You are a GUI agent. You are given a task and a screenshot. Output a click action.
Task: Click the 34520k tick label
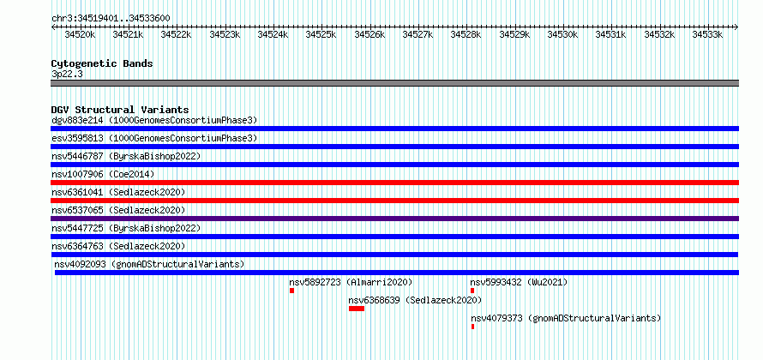81,35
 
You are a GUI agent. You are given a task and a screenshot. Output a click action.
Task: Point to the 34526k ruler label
369,35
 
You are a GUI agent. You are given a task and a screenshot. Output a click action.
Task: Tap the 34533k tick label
707,35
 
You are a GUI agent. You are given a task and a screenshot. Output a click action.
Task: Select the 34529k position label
515,35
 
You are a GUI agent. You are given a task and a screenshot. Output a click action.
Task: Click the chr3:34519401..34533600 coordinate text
111,19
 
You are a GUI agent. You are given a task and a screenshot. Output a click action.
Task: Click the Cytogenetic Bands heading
102,63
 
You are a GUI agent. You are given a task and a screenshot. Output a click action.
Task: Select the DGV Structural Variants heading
120,110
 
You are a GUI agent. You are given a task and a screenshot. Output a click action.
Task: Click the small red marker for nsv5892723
292,291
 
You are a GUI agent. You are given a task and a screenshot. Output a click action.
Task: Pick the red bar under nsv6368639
357,309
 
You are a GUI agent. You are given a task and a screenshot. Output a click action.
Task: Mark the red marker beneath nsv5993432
472,291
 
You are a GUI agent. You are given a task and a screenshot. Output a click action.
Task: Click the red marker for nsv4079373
472,327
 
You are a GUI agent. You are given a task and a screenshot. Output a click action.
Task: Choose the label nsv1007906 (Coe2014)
103,174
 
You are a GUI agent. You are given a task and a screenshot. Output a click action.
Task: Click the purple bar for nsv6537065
395,219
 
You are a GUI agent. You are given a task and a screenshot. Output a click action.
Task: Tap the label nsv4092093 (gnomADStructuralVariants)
149,264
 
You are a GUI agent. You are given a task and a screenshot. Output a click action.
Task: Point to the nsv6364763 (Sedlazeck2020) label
118,246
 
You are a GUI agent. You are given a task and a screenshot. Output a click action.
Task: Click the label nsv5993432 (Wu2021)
519,282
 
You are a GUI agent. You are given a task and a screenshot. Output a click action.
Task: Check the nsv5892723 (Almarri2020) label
351,282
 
